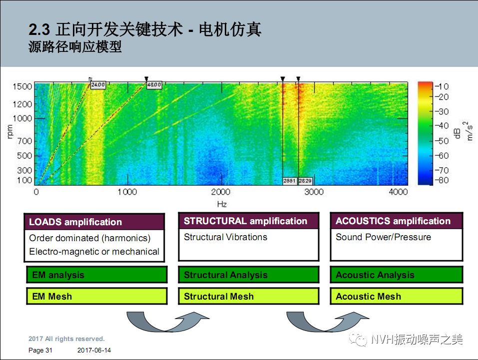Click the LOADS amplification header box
[94, 222]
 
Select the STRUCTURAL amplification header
[248, 221]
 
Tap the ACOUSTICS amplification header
[396, 221]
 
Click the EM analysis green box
[94, 275]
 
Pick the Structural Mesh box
[248, 296]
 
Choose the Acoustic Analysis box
[396, 275]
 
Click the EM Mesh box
[94, 296]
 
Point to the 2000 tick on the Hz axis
[220, 192]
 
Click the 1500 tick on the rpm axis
[22, 86]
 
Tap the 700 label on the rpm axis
[24, 141]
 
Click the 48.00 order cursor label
[153, 85]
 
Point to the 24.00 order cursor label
[98, 85]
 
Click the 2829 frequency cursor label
[305, 181]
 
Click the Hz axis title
[222, 204]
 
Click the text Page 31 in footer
[40, 351]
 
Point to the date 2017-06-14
[94, 351]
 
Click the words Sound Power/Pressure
[383, 237]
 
